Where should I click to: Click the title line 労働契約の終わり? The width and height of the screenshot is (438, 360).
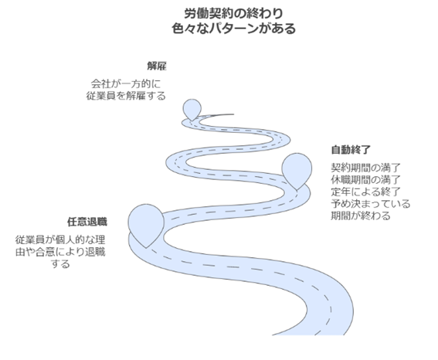point(233,13)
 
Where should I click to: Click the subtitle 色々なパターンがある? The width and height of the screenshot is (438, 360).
point(233,29)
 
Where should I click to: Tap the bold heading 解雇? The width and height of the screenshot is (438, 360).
point(157,66)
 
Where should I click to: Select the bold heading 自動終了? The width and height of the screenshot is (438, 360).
point(351,150)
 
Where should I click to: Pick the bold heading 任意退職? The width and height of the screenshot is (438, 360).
point(87,222)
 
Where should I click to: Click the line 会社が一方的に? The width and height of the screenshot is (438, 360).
point(126,83)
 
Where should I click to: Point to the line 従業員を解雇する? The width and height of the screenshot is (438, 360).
point(126,96)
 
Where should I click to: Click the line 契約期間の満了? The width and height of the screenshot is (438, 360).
point(366,168)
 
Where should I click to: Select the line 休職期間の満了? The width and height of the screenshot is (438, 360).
point(366,180)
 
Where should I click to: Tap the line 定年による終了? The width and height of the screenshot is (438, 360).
point(366,192)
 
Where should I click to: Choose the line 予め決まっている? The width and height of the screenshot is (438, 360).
point(371,204)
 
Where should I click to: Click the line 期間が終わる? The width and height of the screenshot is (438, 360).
point(361,216)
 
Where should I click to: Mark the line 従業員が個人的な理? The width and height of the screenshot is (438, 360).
point(60,240)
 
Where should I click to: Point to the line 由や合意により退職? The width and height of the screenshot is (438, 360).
point(60,252)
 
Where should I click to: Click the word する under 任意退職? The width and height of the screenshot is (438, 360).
point(60,264)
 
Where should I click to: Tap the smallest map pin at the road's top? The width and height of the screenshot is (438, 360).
point(192,109)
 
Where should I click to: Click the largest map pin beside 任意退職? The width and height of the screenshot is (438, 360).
point(146,223)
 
